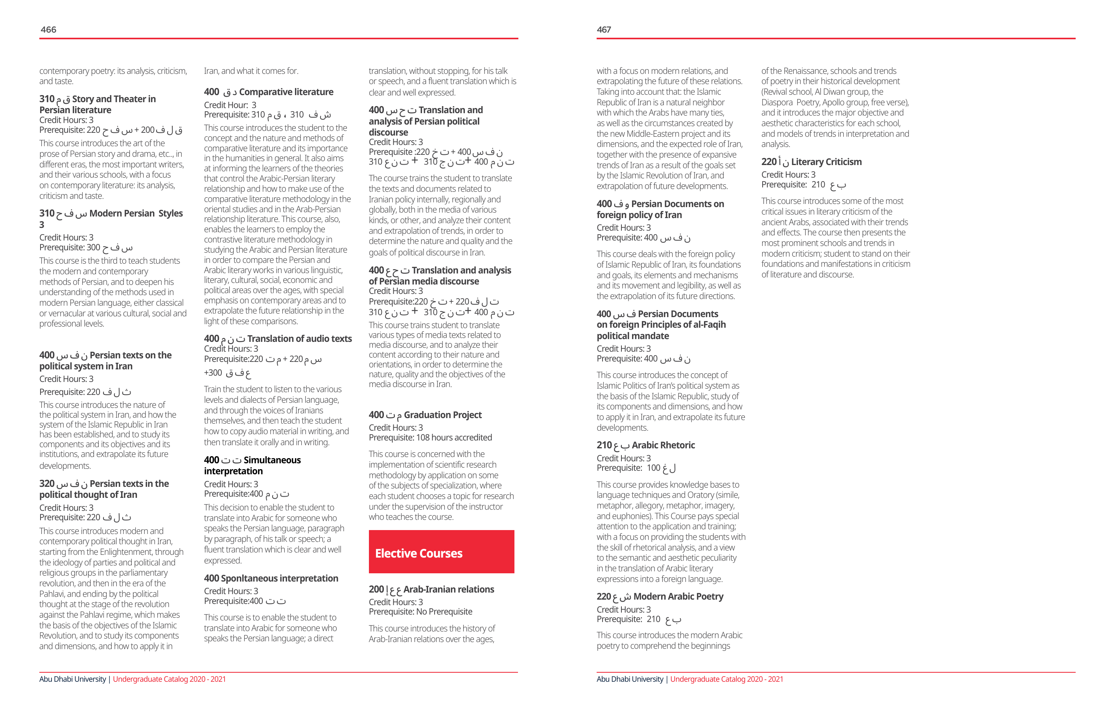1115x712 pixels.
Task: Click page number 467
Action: coord(604,29)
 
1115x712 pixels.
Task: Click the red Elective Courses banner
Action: coord(441,552)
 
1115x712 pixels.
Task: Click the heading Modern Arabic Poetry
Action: coord(678,596)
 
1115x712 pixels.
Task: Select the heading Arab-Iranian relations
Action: coord(448,589)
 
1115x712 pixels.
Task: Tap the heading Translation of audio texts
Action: coord(299,339)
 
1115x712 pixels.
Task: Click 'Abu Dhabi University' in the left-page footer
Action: coord(73,679)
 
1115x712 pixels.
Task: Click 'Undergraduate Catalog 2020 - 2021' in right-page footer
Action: coord(726,679)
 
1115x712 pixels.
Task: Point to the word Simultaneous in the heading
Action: coord(272,460)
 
